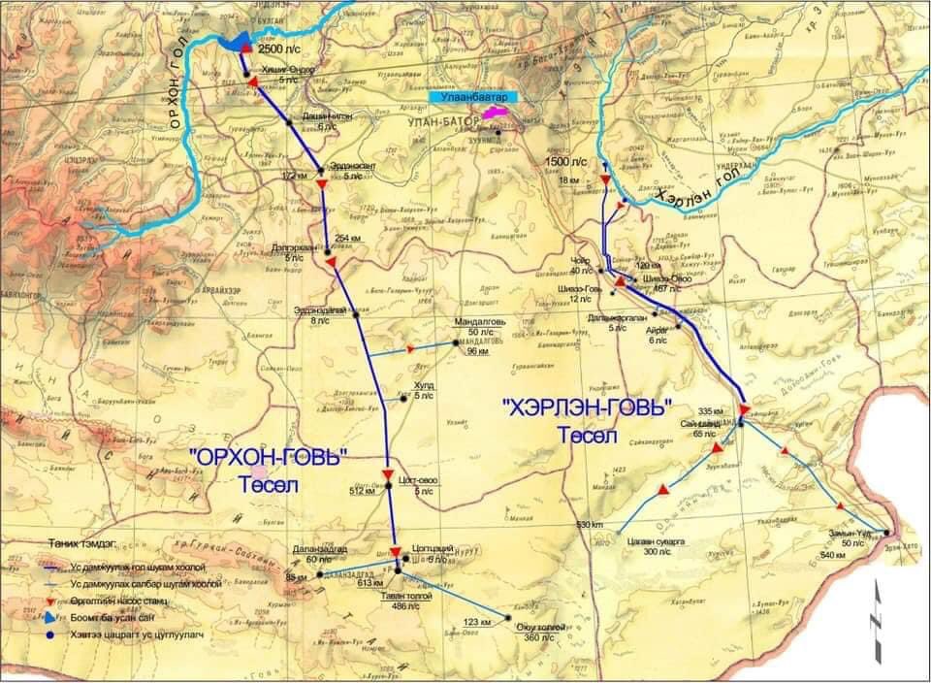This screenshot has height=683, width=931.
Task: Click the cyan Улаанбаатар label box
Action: (x=473, y=97)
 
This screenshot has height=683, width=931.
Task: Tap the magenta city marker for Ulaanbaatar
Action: (x=494, y=114)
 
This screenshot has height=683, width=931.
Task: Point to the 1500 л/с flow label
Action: (x=566, y=160)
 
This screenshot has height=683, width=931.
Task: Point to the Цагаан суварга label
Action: (x=644, y=544)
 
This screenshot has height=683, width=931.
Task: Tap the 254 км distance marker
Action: (x=346, y=238)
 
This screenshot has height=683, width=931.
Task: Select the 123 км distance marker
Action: (x=475, y=621)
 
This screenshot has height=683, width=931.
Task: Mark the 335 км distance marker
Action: (x=711, y=411)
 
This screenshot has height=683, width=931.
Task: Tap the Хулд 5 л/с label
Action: (x=424, y=391)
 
